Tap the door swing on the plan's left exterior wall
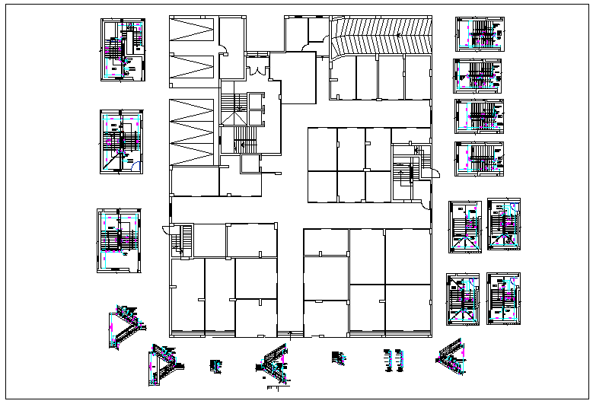pos(166,230)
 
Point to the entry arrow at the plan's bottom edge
pos(292,332)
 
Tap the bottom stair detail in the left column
pos(119,240)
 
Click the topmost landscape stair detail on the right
pos(477,34)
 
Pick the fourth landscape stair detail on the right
pos(477,158)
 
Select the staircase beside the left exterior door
pos(178,241)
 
